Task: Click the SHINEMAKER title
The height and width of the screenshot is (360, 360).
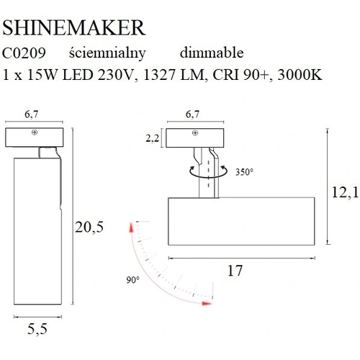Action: (73, 28)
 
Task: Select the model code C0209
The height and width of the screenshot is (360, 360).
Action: (24, 53)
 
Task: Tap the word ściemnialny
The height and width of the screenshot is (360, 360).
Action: (107, 54)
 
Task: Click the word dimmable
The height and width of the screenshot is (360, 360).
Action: (212, 53)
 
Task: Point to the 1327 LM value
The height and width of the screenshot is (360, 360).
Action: (174, 75)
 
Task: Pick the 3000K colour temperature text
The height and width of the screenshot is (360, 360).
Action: (300, 75)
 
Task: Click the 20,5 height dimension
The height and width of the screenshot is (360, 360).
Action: (89, 227)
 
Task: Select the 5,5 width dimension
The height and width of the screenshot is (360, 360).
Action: (37, 329)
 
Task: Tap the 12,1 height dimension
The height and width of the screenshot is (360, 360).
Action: (345, 192)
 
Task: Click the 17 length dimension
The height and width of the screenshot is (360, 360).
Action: (235, 271)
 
